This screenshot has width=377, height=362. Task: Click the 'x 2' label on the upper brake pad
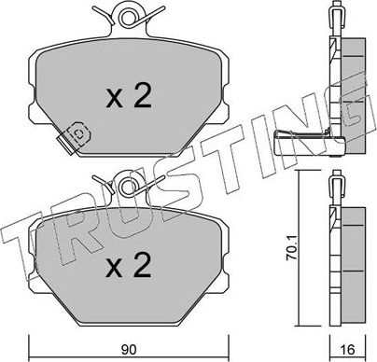pyautogui.click(x=128, y=96)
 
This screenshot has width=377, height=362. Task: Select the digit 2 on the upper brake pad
pyautogui.click(x=143, y=96)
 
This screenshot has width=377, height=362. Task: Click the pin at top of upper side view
pyautogui.click(x=335, y=14)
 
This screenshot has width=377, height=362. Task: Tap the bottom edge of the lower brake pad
pyautogui.click(x=127, y=313)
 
